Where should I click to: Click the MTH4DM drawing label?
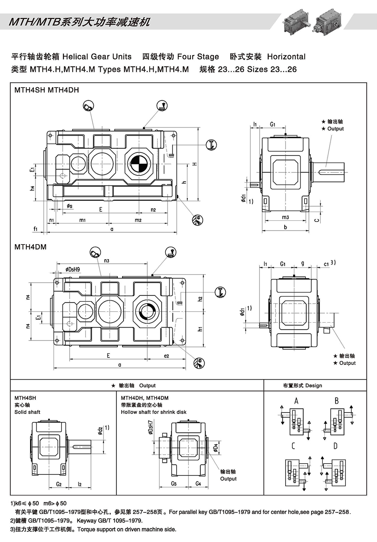[x=31, y=247]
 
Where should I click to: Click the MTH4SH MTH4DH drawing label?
[x=47, y=90]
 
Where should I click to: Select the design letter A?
[x=296, y=401]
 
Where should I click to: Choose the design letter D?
[x=335, y=446]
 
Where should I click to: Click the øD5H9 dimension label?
[x=73, y=269]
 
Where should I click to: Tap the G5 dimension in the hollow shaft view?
[x=174, y=483]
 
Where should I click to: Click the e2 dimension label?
[x=167, y=356]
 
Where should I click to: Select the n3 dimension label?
[x=107, y=261]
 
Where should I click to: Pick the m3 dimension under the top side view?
[x=285, y=217]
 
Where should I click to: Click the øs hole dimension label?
[x=69, y=206]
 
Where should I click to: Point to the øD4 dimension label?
[x=216, y=448]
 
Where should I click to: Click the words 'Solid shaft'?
[x=27, y=412]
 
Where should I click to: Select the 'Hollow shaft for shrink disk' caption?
[x=154, y=412]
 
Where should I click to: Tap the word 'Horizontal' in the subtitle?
[x=286, y=56]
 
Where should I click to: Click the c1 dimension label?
[x=326, y=264]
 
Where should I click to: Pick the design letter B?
[x=337, y=401]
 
